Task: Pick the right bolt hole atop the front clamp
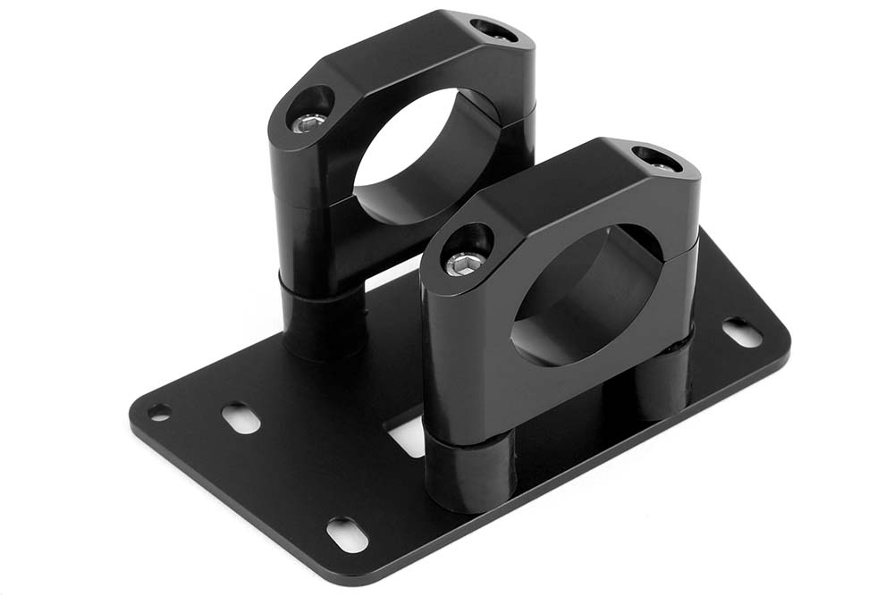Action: [x=657, y=159]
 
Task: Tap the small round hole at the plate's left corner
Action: [x=159, y=412]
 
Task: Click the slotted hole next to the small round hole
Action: [x=240, y=417]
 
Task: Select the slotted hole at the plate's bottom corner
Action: [x=347, y=533]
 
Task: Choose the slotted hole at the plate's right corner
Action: [x=742, y=332]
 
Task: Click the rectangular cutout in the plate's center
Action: [x=407, y=438]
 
